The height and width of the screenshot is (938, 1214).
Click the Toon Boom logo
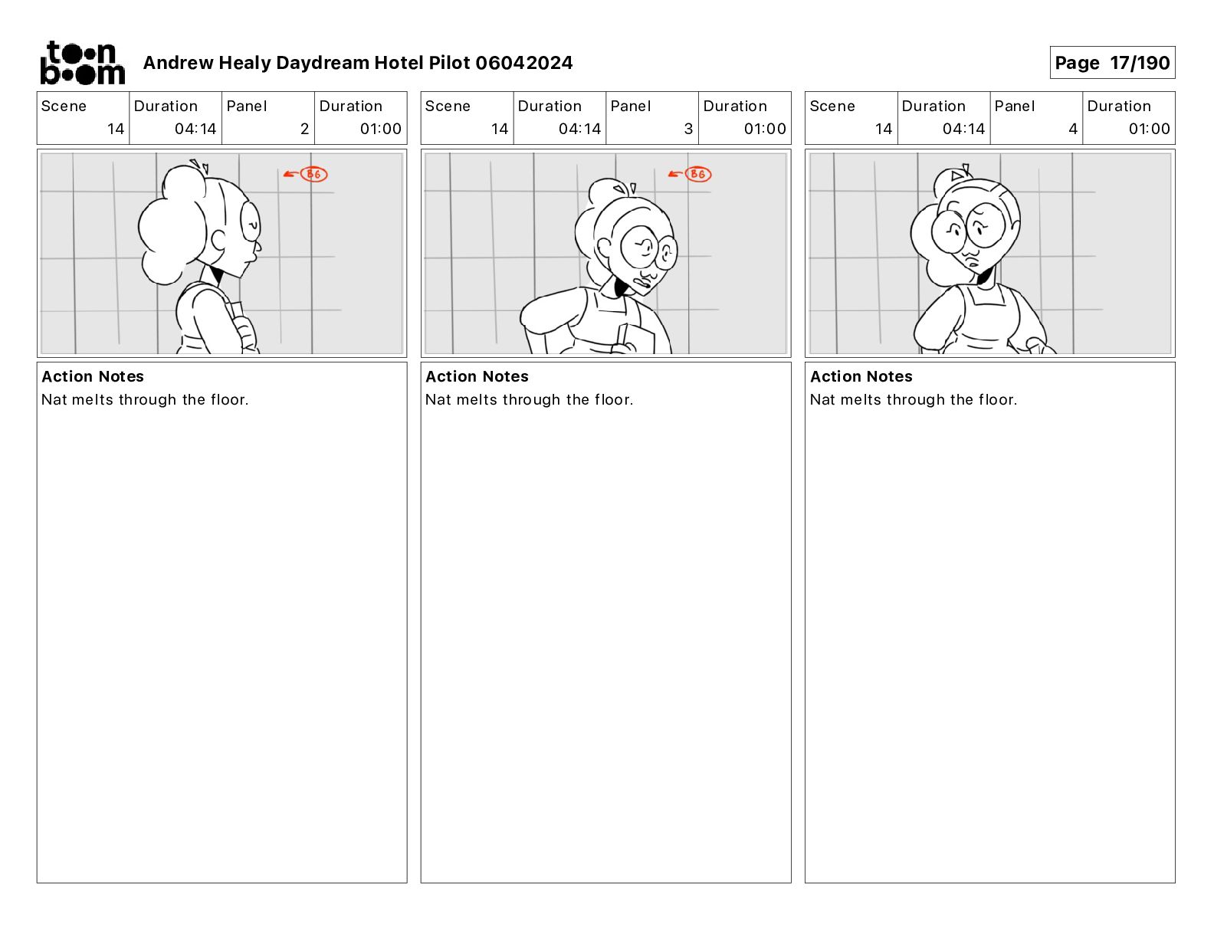point(83,63)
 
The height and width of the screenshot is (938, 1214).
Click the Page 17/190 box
point(1112,63)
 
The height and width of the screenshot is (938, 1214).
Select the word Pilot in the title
point(449,63)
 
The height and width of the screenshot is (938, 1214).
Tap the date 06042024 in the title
point(523,63)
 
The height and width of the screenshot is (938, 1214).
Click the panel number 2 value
point(304,129)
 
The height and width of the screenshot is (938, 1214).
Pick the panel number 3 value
point(688,129)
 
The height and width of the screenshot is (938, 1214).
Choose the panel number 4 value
point(1073,129)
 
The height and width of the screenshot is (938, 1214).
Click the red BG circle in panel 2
point(314,174)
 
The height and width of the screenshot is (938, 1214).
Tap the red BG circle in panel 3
point(698,174)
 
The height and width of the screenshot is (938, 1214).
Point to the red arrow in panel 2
point(290,174)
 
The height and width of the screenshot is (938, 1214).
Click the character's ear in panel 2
point(218,240)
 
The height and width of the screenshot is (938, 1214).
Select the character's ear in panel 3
point(603,248)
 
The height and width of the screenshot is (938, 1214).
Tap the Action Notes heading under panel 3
point(477,376)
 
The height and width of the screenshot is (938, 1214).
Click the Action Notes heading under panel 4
point(861,376)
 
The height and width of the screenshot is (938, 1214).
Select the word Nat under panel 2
point(53,399)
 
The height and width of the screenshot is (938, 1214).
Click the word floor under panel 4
point(997,399)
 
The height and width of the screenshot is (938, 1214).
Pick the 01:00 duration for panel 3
point(764,129)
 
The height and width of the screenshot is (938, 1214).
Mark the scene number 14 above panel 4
point(883,129)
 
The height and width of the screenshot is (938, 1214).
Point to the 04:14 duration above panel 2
point(195,129)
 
